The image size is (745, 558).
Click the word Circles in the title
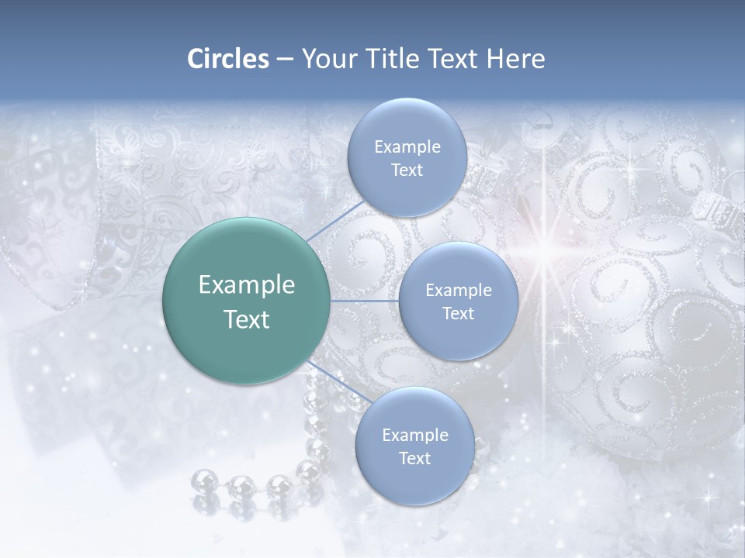point(227,59)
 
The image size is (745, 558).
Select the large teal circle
point(246,301)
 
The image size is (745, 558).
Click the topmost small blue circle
point(406,157)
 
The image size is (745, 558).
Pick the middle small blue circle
point(458,301)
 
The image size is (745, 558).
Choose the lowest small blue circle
point(414,446)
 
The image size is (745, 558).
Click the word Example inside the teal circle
point(246,284)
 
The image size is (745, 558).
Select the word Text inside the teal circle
point(246,319)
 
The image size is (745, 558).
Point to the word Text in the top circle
point(407,170)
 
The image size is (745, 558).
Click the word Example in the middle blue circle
point(458,290)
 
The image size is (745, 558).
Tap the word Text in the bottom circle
point(414,459)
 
